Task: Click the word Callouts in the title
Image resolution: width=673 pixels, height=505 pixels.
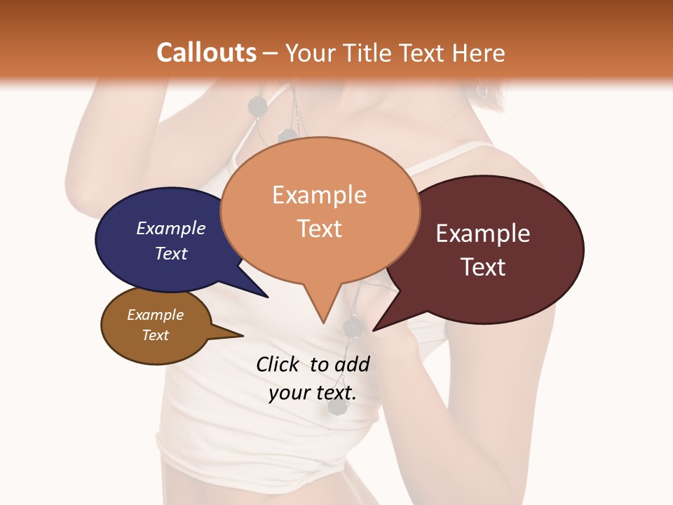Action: (x=206, y=53)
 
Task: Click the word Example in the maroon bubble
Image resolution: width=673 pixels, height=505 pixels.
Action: (x=483, y=234)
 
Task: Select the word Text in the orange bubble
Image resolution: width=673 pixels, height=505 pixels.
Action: (x=320, y=229)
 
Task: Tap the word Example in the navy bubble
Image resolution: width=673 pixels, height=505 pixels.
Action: (x=171, y=228)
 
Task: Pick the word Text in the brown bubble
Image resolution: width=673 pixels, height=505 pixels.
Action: (x=156, y=335)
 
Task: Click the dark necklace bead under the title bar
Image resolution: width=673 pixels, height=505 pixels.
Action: (x=258, y=107)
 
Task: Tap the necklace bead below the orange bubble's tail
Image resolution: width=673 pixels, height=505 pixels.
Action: (x=352, y=326)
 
